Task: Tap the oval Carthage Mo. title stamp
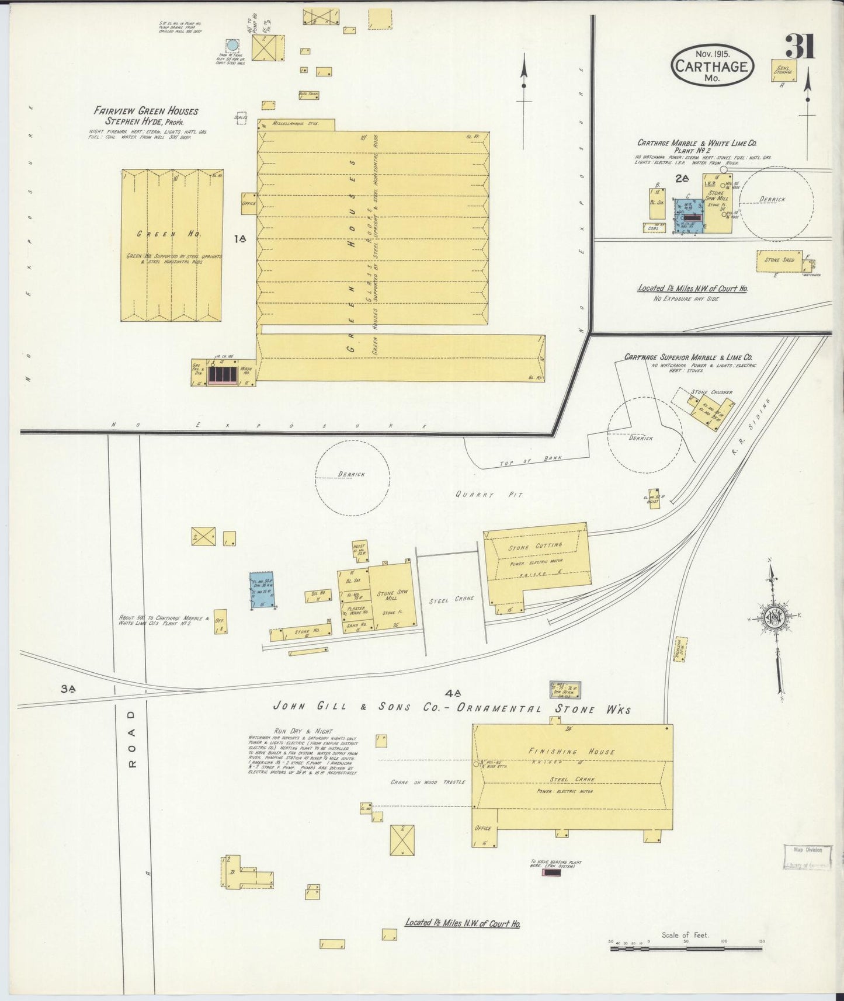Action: [712, 66]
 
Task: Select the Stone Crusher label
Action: [711, 392]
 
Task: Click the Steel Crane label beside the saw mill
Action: [451, 599]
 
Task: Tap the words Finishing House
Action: [571, 752]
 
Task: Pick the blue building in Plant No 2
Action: [689, 216]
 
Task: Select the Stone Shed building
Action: [780, 260]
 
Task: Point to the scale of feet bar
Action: [686, 950]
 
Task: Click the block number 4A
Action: [453, 694]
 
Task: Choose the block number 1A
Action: [239, 238]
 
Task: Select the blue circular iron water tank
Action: [232, 45]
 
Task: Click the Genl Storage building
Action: [783, 70]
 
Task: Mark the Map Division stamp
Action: [807, 857]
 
